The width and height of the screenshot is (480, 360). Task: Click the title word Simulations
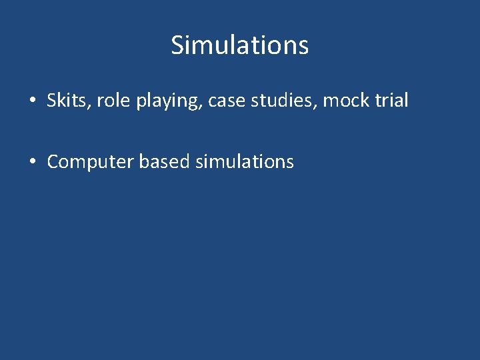[x=240, y=45]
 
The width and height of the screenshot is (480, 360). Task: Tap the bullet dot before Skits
[x=32, y=101]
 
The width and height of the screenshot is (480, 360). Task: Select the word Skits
[x=69, y=101]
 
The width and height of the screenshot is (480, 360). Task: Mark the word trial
[x=393, y=101]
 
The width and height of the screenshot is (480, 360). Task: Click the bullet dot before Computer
[x=32, y=162]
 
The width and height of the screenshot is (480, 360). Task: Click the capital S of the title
[x=178, y=45]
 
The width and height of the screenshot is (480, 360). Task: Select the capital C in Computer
[x=53, y=162]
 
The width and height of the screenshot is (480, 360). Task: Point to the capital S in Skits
[x=52, y=101]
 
